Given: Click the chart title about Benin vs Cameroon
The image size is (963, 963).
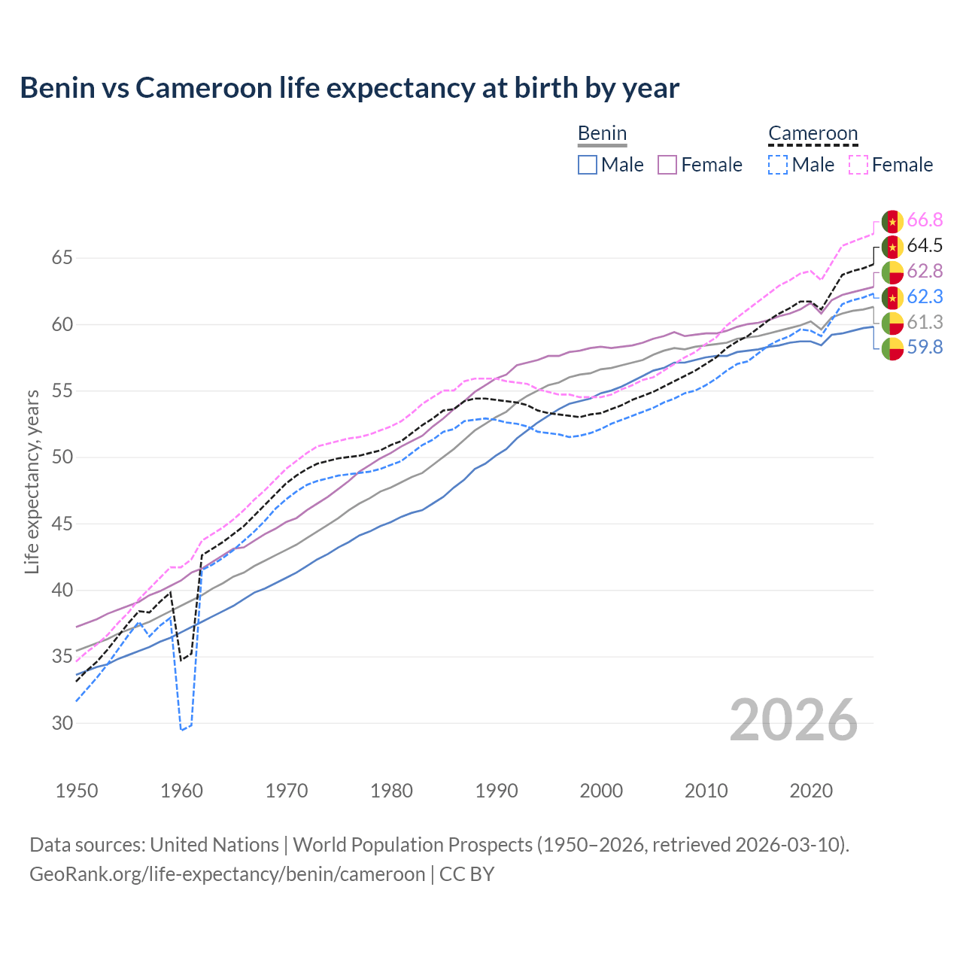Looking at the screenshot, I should click(349, 88).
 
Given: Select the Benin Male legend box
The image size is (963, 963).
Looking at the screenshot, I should click(588, 165).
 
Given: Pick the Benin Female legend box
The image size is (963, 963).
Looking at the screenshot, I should click(667, 165).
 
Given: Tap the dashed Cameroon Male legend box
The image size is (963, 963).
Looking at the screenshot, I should click(778, 165).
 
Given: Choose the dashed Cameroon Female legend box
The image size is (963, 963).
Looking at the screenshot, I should click(858, 165).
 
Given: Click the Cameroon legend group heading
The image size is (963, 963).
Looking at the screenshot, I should click(813, 134).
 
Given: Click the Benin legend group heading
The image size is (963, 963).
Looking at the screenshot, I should click(602, 134).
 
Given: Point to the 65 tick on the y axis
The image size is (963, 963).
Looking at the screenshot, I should click(62, 258).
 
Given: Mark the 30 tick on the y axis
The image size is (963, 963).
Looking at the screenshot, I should click(62, 723).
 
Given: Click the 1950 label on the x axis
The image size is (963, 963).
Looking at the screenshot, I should click(77, 791).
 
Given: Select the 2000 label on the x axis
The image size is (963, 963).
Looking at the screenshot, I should click(601, 791).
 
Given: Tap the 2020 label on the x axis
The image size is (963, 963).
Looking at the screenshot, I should click(811, 791).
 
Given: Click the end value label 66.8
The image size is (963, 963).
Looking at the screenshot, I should click(925, 220).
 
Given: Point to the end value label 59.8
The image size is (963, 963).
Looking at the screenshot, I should click(925, 348).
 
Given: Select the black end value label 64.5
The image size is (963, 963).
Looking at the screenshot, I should click(925, 246).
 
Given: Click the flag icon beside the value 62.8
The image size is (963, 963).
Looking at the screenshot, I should click(892, 272).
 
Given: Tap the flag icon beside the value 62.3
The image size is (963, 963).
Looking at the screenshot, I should click(892, 297).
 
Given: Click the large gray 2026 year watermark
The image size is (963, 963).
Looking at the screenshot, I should click(794, 721).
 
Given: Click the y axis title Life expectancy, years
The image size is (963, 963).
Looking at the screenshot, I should click(32, 481).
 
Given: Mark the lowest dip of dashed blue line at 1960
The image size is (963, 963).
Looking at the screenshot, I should click(181, 730).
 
